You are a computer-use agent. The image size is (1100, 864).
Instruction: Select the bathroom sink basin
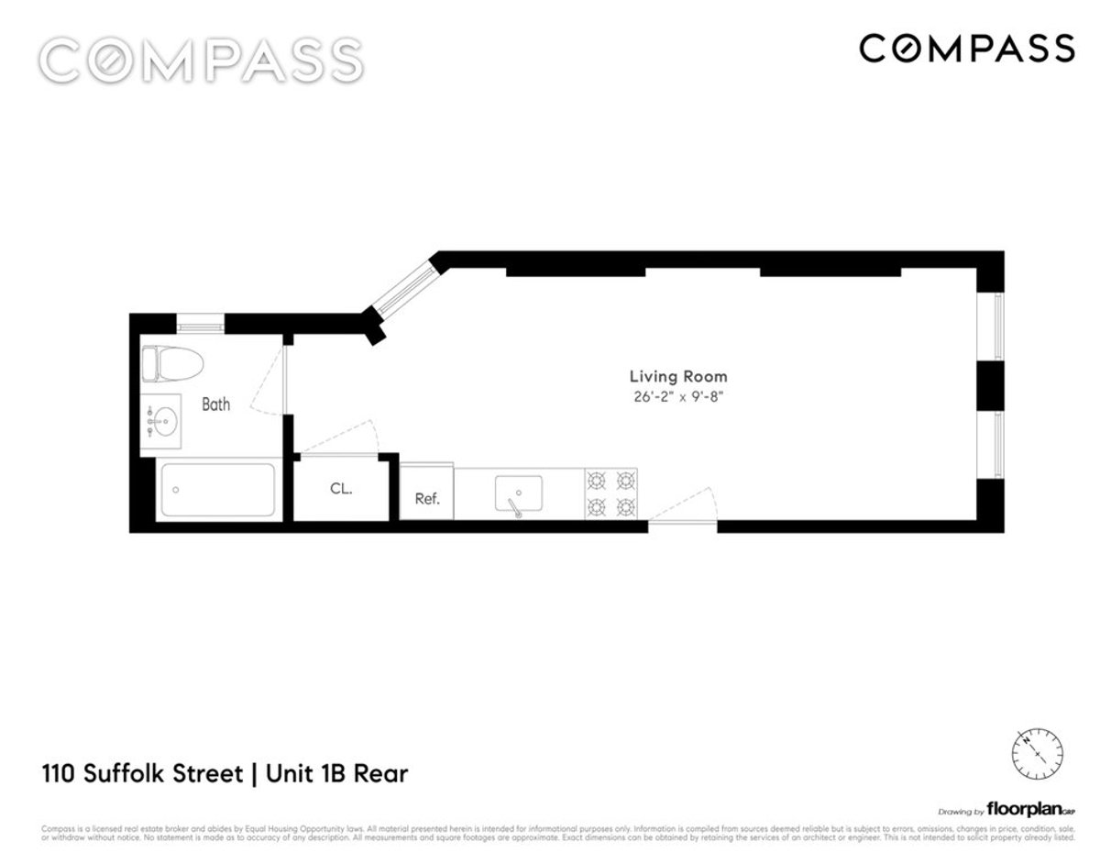pyautogui.click(x=163, y=424)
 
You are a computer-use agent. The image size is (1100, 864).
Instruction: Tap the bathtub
pyautogui.click(x=217, y=491)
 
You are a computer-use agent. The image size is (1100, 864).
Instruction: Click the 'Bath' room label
pyautogui.click(x=216, y=404)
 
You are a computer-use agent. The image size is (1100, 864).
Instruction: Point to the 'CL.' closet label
pyautogui.click(x=341, y=489)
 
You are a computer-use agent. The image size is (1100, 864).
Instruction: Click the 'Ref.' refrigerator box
pyautogui.click(x=427, y=498)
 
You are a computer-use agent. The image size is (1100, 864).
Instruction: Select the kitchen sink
pyautogui.click(x=518, y=493)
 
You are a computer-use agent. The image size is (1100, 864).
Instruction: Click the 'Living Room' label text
pyautogui.click(x=678, y=376)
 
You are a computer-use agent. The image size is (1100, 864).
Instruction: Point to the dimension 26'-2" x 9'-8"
pyautogui.click(x=678, y=397)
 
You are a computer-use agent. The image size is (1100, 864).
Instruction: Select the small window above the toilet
pyautogui.click(x=200, y=323)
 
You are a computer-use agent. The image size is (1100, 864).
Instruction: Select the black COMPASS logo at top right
pyautogui.click(x=967, y=48)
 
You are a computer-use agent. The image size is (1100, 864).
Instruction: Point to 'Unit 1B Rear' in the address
pyautogui.click(x=336, y=773)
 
